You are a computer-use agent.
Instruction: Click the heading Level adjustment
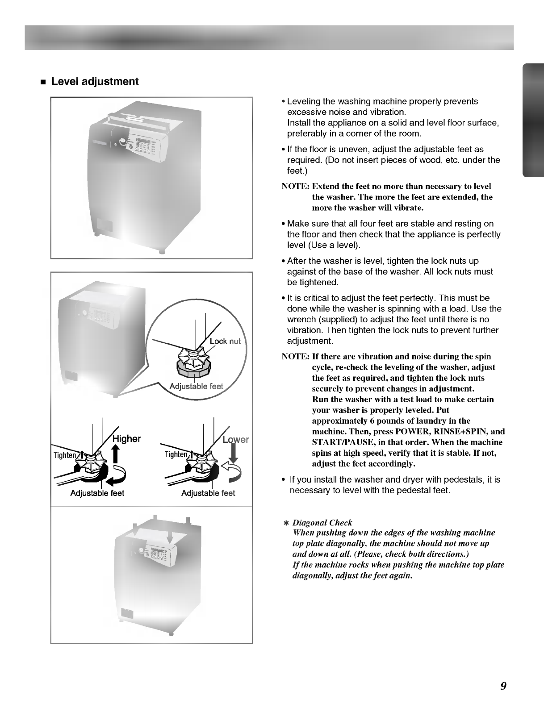point(95,82)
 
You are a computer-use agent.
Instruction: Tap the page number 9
point(503,686)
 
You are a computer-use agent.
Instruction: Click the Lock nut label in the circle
point(225,342)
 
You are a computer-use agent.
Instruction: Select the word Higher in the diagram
point(126,439)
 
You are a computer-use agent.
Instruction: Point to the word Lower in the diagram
point(235,440)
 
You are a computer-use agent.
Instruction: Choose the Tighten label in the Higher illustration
point(65,455)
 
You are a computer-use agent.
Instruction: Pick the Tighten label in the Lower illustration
point(176,454)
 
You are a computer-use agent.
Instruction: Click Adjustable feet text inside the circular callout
point(197,387)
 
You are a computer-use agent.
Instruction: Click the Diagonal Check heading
point(322,523)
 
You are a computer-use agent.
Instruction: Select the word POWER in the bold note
point(410,432)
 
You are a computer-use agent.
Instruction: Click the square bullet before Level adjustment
point(43,83)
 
